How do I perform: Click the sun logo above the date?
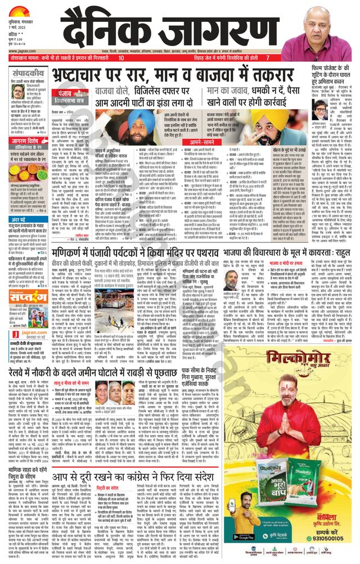(17, 10)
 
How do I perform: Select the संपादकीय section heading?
(28, 74)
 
